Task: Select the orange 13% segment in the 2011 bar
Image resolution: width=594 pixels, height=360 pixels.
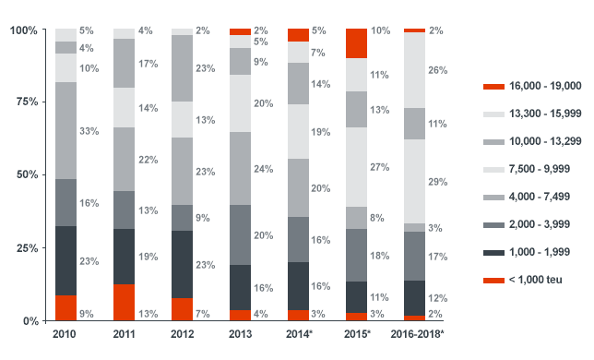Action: coord(124,302)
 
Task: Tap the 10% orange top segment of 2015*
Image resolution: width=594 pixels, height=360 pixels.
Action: coord(357,43)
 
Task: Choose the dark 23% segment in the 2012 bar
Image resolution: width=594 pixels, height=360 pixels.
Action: coord(182,264)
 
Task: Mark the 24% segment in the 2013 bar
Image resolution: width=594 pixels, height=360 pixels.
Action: coord(240,168)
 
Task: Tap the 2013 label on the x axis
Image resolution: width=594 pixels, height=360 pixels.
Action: coord(240,333)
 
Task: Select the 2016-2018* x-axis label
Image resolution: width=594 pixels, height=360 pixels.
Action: coord(415,333)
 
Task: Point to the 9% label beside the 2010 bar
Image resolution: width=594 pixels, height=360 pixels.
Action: coord(88,313)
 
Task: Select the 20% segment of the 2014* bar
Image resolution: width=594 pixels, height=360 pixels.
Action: coord(298,187)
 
